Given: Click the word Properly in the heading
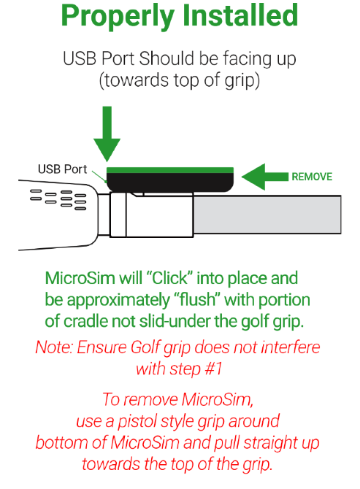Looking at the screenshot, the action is (118, 16).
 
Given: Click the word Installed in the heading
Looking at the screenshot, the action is (240, 15).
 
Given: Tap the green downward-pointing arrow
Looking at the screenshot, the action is (107, 134).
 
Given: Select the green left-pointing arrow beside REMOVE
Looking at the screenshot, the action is (265, 177).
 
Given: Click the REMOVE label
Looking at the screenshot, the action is (312, 177).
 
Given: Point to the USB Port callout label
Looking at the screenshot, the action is (62, 169).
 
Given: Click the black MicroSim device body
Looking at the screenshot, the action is (170, 182).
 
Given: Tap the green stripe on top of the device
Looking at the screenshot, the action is (170, 170).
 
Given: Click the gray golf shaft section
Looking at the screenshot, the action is (267, 215).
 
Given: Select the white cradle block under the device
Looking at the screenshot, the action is (152, 215).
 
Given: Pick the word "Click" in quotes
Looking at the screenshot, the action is (169, 278).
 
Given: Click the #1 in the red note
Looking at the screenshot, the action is (213, 369).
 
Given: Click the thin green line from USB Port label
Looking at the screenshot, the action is (99, 176).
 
